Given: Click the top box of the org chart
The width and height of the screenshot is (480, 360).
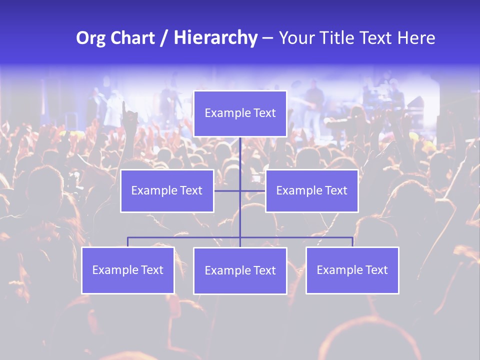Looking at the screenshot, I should [x=240, y=113].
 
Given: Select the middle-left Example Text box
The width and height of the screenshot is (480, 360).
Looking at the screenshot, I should [x=167, y=190].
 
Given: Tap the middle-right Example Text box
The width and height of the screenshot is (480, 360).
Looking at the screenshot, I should [x=311, y=190].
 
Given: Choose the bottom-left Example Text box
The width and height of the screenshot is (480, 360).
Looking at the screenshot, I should [x=128, y=270].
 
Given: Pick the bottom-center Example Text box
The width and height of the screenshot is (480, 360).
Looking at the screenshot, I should [x=240, y=270].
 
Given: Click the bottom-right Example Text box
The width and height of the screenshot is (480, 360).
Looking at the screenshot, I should [x=352, y=270].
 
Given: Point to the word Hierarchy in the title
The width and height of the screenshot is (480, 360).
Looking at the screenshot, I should [x=215, y=38].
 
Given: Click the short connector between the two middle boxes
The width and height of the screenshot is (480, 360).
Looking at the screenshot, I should [x=227, y=190].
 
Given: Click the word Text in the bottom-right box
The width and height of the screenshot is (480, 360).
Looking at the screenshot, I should [x=376, y=270].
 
